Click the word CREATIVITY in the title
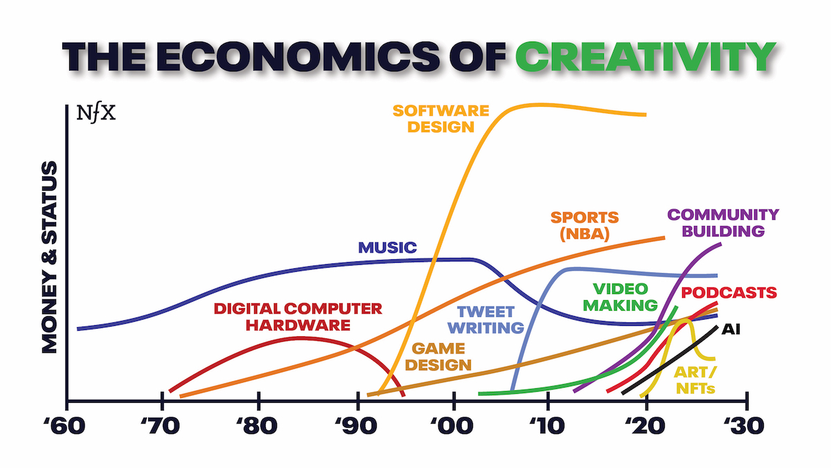click(645, 56)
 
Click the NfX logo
click(97, 112)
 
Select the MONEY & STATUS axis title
click(49, 258)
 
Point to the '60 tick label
click(66, 424)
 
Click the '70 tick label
click(162, 424)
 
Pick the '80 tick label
click(258, 424)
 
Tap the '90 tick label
click(357, 424)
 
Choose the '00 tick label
click(453, 424)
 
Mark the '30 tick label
click(745, 424)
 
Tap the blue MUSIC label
click(387, 248)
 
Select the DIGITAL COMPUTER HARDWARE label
click(298, 316)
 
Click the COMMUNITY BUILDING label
click(723, 223)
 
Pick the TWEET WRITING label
click(490, 320)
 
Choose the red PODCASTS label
click(729, 293)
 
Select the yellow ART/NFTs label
click(695, 380)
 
